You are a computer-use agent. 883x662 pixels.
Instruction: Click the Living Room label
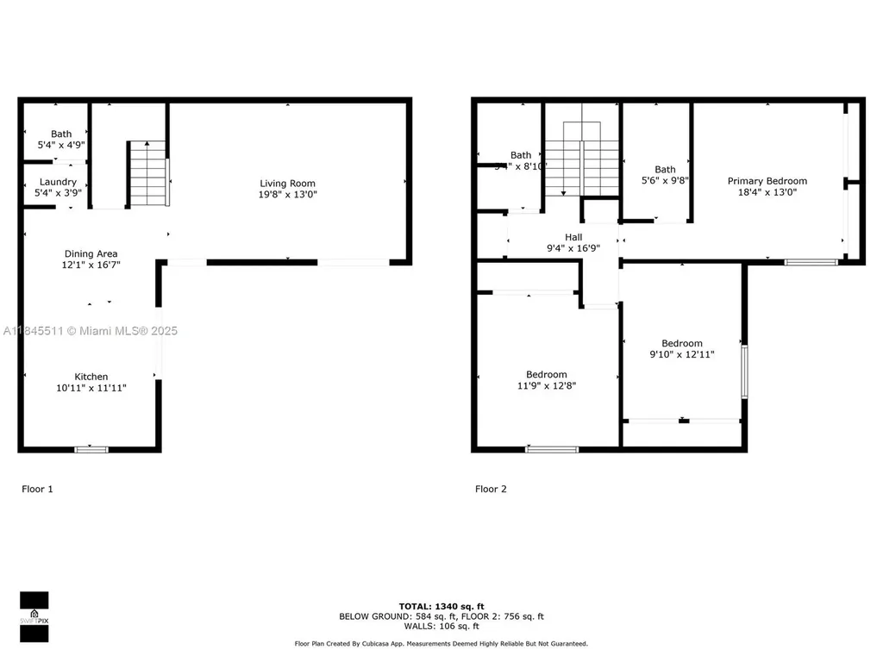[288, 184]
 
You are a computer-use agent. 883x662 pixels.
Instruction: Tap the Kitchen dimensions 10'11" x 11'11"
[91, 389]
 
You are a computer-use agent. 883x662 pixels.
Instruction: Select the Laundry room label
[58, 182]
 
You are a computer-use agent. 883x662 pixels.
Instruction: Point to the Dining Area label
[91, 253]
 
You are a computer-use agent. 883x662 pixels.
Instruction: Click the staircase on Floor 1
[147, 174]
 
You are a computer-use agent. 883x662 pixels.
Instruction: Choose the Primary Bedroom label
[767, 181]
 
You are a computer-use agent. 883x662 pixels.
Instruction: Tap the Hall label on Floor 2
[573, 237]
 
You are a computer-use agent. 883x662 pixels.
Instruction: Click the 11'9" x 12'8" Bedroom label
[547, 375]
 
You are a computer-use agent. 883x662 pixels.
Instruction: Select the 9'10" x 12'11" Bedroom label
[681, 343]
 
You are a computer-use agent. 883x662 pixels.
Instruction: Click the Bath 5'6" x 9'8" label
[665, 170]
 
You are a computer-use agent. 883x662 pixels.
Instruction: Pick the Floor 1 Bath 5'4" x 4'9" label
[60, 134]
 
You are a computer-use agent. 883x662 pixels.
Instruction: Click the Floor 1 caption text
[37, 489]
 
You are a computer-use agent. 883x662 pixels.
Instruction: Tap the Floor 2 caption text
[491, 489]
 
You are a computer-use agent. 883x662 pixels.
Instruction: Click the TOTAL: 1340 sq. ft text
[441, 606]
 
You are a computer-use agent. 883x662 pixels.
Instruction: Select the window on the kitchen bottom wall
[91, 449]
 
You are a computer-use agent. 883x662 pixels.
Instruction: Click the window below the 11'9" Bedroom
[552, 449]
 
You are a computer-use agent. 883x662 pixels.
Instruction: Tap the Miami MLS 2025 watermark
[91, 331]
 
